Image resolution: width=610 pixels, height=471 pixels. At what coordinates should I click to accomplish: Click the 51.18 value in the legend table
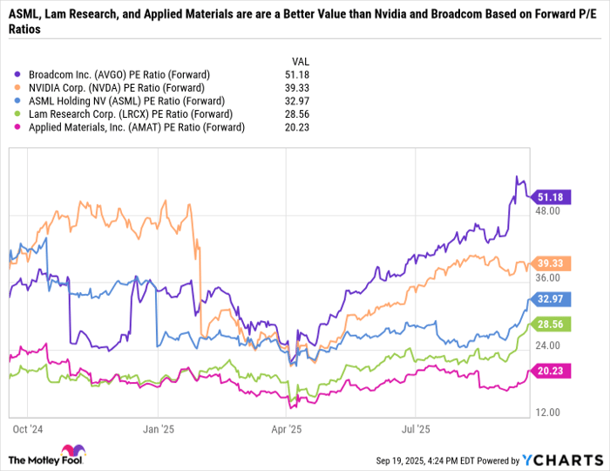tap(298, 75)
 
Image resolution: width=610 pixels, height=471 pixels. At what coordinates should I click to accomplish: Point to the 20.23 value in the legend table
tap(298, 127)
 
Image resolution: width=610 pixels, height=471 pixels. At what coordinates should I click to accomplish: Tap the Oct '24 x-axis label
tap(28, 429)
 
